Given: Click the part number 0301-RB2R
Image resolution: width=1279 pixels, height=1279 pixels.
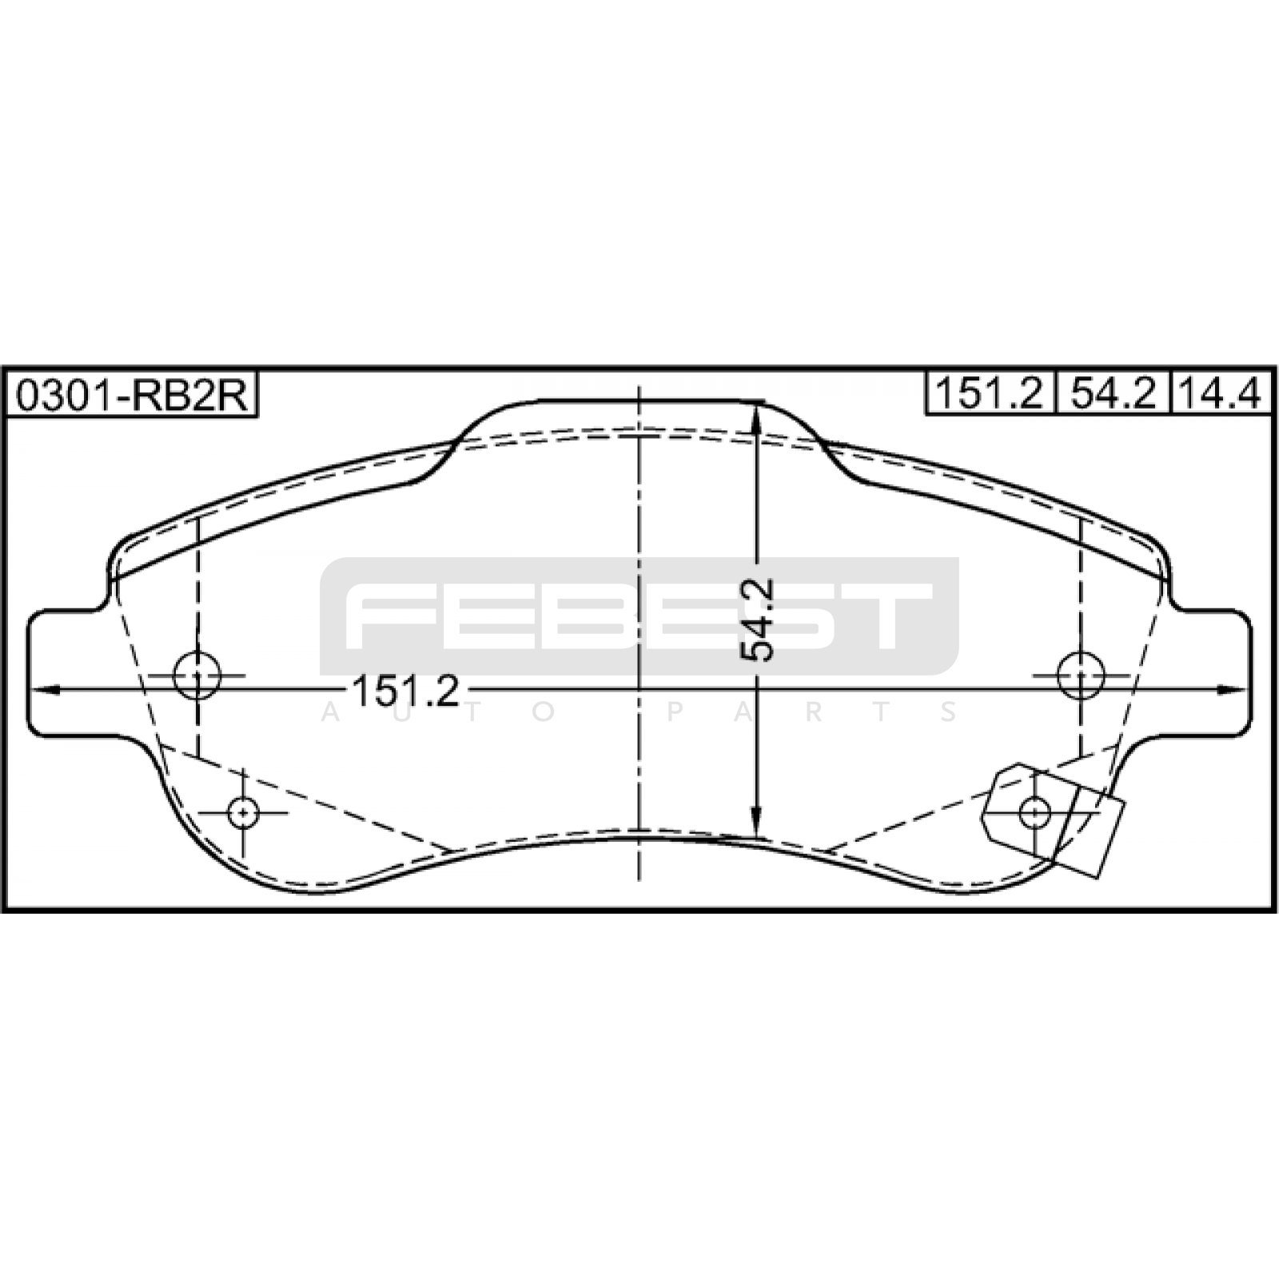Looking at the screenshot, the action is [x=132, y=394].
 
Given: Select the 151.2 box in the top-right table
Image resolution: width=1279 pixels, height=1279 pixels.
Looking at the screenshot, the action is [x=990, y=392].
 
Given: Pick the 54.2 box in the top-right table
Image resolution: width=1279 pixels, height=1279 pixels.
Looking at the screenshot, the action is [x=1113, y=392].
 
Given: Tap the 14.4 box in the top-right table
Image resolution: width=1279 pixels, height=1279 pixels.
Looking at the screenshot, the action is [x=1221, y=392].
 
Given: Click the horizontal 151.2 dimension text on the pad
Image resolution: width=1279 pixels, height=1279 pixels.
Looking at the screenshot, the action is [x=405, y=691].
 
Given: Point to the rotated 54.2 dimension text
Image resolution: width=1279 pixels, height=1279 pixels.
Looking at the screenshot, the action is [x=757, y=620].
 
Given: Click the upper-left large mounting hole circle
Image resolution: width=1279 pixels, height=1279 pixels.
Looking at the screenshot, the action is [x=197, y=675].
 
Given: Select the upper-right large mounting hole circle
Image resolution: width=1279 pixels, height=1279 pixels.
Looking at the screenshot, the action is [x=1081, y=675].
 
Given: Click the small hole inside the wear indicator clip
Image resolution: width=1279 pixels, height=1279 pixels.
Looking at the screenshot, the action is [x=1035, y=813].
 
